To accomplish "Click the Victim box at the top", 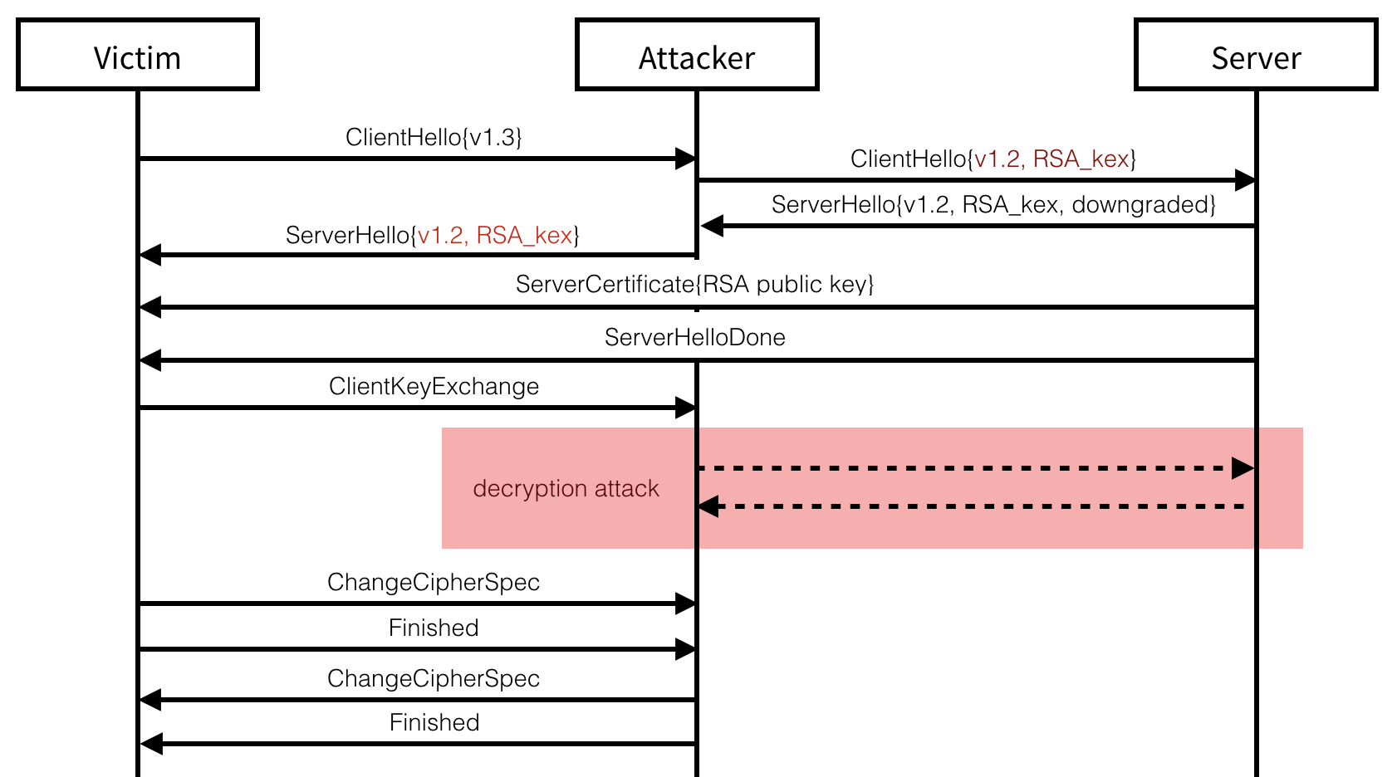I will pos(137,55).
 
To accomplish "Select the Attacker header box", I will pos(696,55).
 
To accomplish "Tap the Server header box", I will pos(1255,55).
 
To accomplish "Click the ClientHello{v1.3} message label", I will pos(434,137).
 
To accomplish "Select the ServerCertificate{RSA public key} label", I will pos(694,284).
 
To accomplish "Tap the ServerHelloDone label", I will pos(694,337).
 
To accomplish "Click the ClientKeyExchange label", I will pos(434,386).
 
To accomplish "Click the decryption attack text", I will pos(566,488).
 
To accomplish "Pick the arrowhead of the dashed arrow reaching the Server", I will pos(1243,468).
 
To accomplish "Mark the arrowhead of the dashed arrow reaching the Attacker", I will pos(708,506).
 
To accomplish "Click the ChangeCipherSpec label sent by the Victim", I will pos(434,582).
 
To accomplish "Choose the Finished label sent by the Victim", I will pos(434,628).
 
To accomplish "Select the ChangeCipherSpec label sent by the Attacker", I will pos(434,678).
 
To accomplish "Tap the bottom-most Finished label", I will pos(434,722).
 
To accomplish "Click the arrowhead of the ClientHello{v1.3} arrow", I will pos(685,159).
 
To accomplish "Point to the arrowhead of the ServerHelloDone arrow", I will pos(150,360).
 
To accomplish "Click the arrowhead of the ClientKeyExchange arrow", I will pos(685,408).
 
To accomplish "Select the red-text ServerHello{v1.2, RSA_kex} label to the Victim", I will pos(432,235).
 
